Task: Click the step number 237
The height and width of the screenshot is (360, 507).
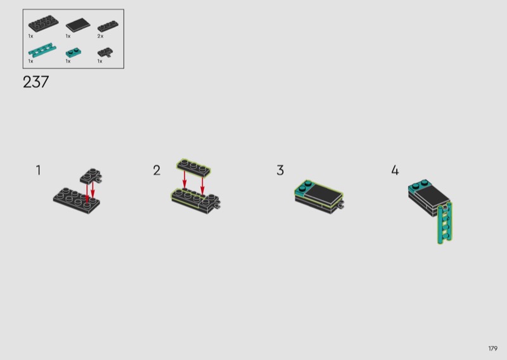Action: [x=36, y=82]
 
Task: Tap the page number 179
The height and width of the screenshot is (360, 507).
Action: [x=493, y=349]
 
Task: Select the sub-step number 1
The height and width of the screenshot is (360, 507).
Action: [x=39, y=170]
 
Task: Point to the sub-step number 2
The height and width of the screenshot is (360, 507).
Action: [x=157, y=170]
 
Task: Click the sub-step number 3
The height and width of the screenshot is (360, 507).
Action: [x=280, y=170]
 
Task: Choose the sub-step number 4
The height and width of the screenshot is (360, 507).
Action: [x=395, y=170]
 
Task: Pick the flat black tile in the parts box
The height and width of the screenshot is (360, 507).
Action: [x=78, y=25]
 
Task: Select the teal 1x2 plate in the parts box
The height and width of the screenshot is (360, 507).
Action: [x=74, y=53]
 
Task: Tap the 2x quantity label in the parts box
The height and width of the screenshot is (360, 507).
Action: [x=101, y=36]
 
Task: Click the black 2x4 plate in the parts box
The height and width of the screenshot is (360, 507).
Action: [x=43, y=23]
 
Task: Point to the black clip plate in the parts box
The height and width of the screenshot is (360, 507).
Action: [x=105, y=53]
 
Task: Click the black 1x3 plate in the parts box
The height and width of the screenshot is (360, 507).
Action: [x=108, y=26]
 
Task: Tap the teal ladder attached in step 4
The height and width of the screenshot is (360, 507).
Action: [x=445, y=223]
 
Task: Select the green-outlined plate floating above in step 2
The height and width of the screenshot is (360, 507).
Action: [x=194, y=168]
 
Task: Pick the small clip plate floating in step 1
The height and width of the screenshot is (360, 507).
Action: [x=91, y=176]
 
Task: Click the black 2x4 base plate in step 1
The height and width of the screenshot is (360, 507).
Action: [x=76, y=200]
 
